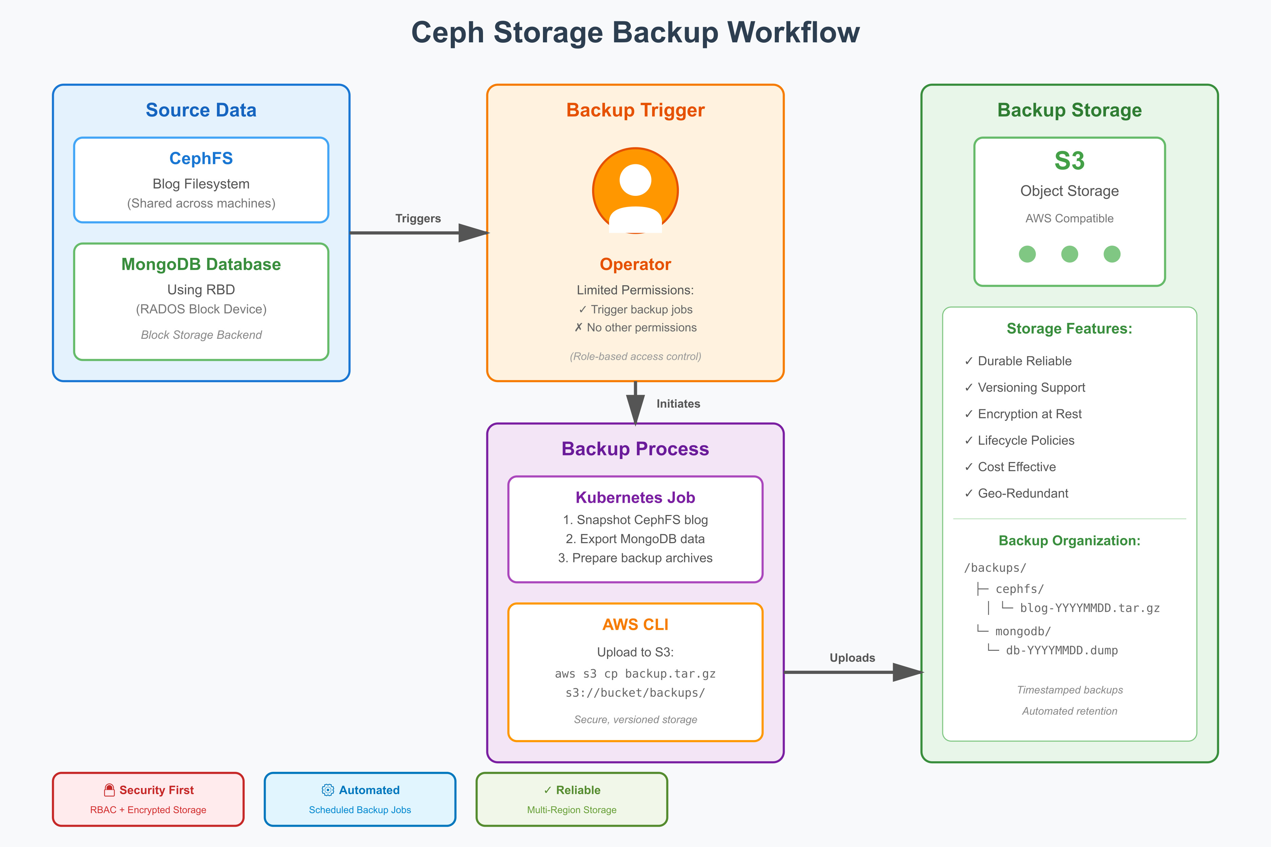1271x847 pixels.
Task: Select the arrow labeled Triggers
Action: pyautogui.click(x=419, y=233)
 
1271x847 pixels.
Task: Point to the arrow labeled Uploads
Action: pyautogui.click(x=853, y=672)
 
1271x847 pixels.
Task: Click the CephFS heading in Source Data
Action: pyautogui.click(x=201, y=158)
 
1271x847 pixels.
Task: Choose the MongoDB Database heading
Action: pyautogui.click(x=201, y=264)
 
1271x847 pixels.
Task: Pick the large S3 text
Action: pyautogui.click(x=1069, y=161)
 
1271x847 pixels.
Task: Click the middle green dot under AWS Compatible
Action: pyautogui.click(x=1069, y=254)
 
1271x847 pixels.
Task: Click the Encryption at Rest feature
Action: pyautogui.click(x=1029, y=414)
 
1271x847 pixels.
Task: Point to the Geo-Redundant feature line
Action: pyautogui.click(x=1023, y=493)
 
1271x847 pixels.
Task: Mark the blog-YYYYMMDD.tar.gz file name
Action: pyautogui.click(x=1089, y=608)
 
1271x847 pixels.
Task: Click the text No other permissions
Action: pyautogui.click(x=642, y=327)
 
